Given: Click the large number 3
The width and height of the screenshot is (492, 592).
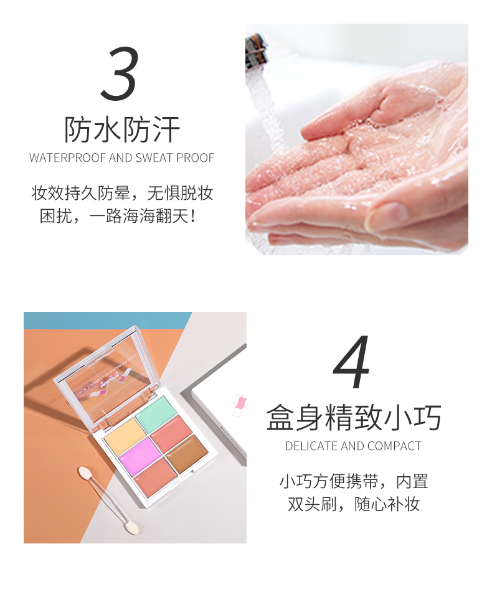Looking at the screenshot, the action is [120, 73].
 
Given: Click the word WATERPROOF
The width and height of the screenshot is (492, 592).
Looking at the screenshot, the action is [67, 158].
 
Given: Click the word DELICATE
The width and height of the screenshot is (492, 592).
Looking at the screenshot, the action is [311, 446].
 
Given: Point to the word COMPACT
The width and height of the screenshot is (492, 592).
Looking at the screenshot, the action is [394, 446].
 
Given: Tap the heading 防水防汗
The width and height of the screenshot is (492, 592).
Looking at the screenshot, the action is [121, 129].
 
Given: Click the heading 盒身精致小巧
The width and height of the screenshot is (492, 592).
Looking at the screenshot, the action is [353, 417].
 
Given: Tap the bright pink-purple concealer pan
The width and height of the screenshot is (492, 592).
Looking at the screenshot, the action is [141, 453].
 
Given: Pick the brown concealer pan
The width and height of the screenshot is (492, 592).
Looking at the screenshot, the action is [187, 453].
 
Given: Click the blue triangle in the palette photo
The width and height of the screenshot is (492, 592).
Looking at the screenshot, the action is [95, 320].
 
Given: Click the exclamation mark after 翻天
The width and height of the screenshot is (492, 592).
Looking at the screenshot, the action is [193, 217].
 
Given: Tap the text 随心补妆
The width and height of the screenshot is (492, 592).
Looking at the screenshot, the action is [387, 504].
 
